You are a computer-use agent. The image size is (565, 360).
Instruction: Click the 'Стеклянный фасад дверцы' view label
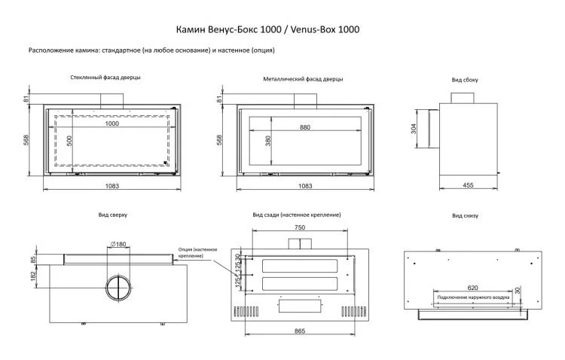[x=105, y=77]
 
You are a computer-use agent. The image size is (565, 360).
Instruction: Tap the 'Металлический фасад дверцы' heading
[x=304, y=78]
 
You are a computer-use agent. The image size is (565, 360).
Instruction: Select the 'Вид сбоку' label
[x=465, y=79]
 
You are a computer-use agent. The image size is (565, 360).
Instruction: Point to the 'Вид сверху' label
[x=112, y=215]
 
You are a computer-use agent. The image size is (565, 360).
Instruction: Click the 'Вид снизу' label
[x=465, y=215]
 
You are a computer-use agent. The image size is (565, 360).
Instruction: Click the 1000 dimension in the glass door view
[x=111, y=123]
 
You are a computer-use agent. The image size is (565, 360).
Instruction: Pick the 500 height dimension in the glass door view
[x=69, y=140]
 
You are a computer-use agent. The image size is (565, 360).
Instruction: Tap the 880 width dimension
[x=304, y=127]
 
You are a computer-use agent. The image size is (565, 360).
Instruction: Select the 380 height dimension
[x=267, y=140]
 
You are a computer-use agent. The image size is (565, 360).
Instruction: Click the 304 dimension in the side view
[x=414, y=130]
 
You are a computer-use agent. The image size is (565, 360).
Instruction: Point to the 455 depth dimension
[x=468, y=185]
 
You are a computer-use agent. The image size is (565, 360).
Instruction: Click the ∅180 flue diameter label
[x=118, y=243]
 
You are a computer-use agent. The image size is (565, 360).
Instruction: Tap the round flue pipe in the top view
[x=118, y=289]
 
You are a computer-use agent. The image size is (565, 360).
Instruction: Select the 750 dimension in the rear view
[x=301, y=228]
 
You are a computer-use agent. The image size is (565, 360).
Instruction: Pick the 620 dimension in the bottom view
[x=472, y=287]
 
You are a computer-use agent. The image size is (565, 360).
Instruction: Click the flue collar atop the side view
[x=463, y=98]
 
